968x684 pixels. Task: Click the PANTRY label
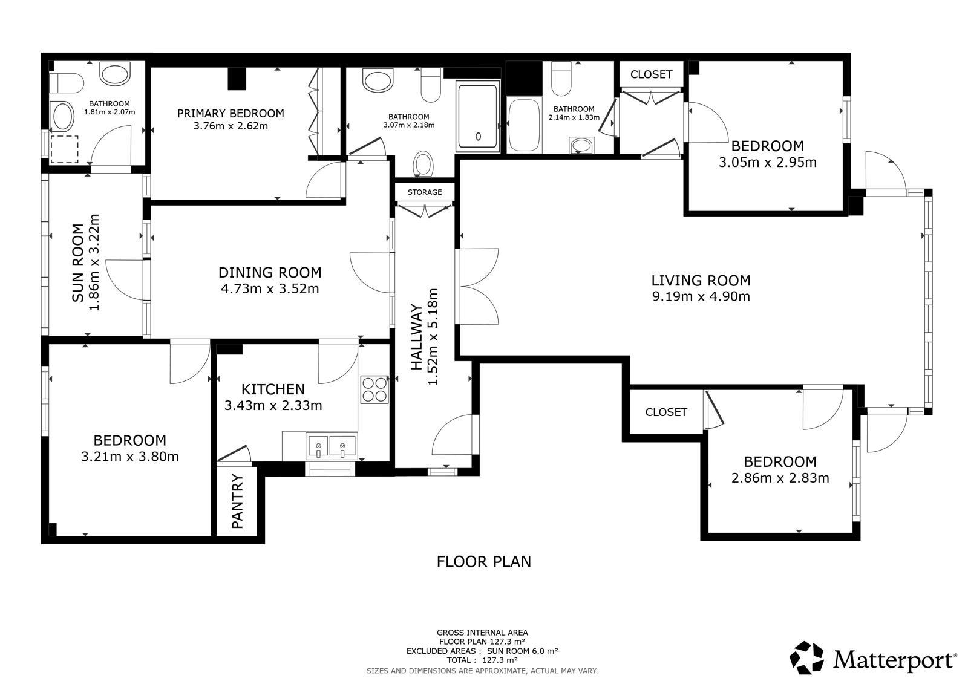pos(237,501)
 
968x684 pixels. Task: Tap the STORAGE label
pos(424,192)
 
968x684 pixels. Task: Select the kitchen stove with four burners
pos(374,389)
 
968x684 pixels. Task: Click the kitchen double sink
pos(331,446)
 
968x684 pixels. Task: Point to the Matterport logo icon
pos(806,657)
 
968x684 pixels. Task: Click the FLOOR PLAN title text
pos(483,561)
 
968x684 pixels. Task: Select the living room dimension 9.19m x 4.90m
pos(701,296)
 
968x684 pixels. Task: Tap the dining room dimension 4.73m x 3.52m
pos(270,288)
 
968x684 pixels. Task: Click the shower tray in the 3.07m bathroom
pos(477,117)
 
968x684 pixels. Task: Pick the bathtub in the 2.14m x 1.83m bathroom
pos(524,125)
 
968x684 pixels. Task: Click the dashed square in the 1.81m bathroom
pos(65,149)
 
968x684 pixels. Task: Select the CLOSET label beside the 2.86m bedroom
pos(666,412)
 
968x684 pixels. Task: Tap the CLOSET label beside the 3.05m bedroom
pos(651,74)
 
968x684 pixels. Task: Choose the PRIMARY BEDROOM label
pos(231,113)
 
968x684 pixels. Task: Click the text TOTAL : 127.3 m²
pos(482,660)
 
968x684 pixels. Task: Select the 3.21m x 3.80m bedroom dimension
pos(130,456)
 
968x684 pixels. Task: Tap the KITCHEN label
pos(273,389)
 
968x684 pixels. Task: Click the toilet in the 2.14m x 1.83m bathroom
pos(561,79)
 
